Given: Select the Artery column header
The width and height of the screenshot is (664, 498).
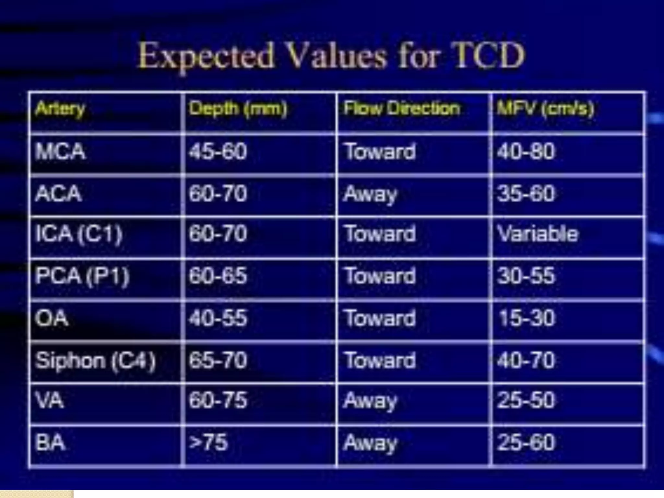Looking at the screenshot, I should pos(60,109).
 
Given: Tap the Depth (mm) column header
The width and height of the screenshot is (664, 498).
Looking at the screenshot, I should pos(238,109).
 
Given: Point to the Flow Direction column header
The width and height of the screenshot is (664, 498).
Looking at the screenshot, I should pos(402,108).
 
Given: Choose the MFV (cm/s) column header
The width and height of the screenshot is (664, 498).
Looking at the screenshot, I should pos(546,109).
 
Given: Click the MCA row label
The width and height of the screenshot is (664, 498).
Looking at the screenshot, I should pos(61,151).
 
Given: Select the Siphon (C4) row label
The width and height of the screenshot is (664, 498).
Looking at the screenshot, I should pos(95,361).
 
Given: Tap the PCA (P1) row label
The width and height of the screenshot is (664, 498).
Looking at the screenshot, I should pos(82,276).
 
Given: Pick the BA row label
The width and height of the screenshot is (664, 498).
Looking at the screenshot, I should pos(50,442).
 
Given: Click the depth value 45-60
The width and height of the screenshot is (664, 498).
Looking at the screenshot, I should pos(218,151).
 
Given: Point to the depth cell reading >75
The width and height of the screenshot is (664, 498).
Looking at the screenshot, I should pos(208,442).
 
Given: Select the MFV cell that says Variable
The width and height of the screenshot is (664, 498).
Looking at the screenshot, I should pos(538,234).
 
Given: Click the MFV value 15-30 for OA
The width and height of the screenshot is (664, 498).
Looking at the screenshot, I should pos(527,318).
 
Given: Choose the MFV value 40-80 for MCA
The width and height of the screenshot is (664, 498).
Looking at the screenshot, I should pos(526,151).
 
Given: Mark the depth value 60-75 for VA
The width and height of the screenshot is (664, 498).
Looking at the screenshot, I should pos(218,400).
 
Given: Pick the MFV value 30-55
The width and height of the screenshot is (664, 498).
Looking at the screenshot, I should pos(526,276).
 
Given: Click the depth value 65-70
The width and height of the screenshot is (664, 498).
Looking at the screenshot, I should pos(218,361).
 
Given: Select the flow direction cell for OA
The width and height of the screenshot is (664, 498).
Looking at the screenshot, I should pos(380,318).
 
